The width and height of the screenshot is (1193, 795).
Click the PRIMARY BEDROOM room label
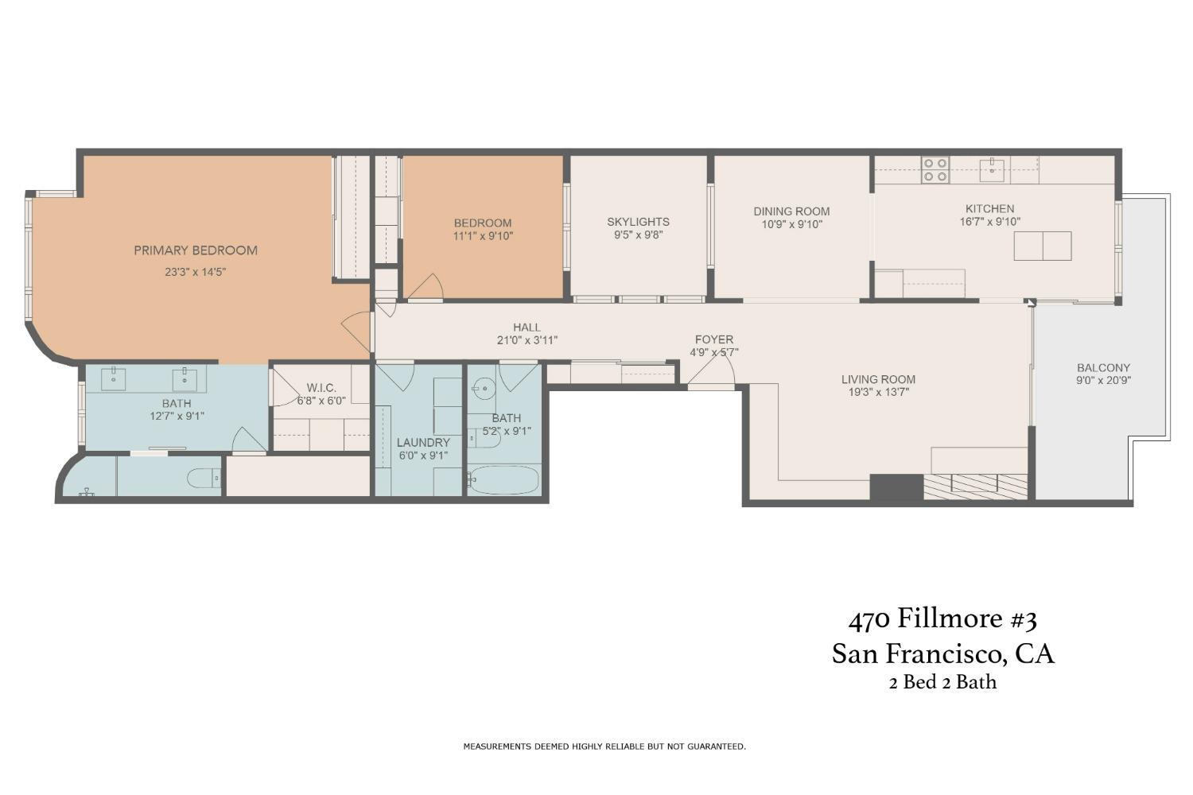pos(195,250)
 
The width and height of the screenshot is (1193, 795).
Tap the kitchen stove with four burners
pos(935,170)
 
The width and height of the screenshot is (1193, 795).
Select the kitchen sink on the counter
pos(991,169)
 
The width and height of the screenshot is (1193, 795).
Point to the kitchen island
pos(1042,246)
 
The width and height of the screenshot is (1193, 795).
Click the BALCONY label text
pos(1103,368)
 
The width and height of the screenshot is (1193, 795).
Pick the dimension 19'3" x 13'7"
pos(878,392)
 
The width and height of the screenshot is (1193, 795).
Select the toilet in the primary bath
pos(204,478)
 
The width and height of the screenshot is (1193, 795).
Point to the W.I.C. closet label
pos(321,388)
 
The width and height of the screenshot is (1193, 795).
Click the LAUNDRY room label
pos(423,443)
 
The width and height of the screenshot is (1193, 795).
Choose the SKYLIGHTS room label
pos(638,222)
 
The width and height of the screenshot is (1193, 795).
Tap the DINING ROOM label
pos(791,211)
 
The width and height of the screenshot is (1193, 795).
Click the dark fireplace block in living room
pos(896,487)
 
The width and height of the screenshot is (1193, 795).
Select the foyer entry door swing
pos(713,374)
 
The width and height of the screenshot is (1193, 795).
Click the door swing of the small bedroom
pos(426,287)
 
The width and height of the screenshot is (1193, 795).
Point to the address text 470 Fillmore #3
pos(942,619)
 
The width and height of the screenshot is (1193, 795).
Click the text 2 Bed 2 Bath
pos(942,682)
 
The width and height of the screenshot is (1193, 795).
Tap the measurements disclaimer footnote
pos(604,747)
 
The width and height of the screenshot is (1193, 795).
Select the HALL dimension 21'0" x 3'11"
pos(527,340)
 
